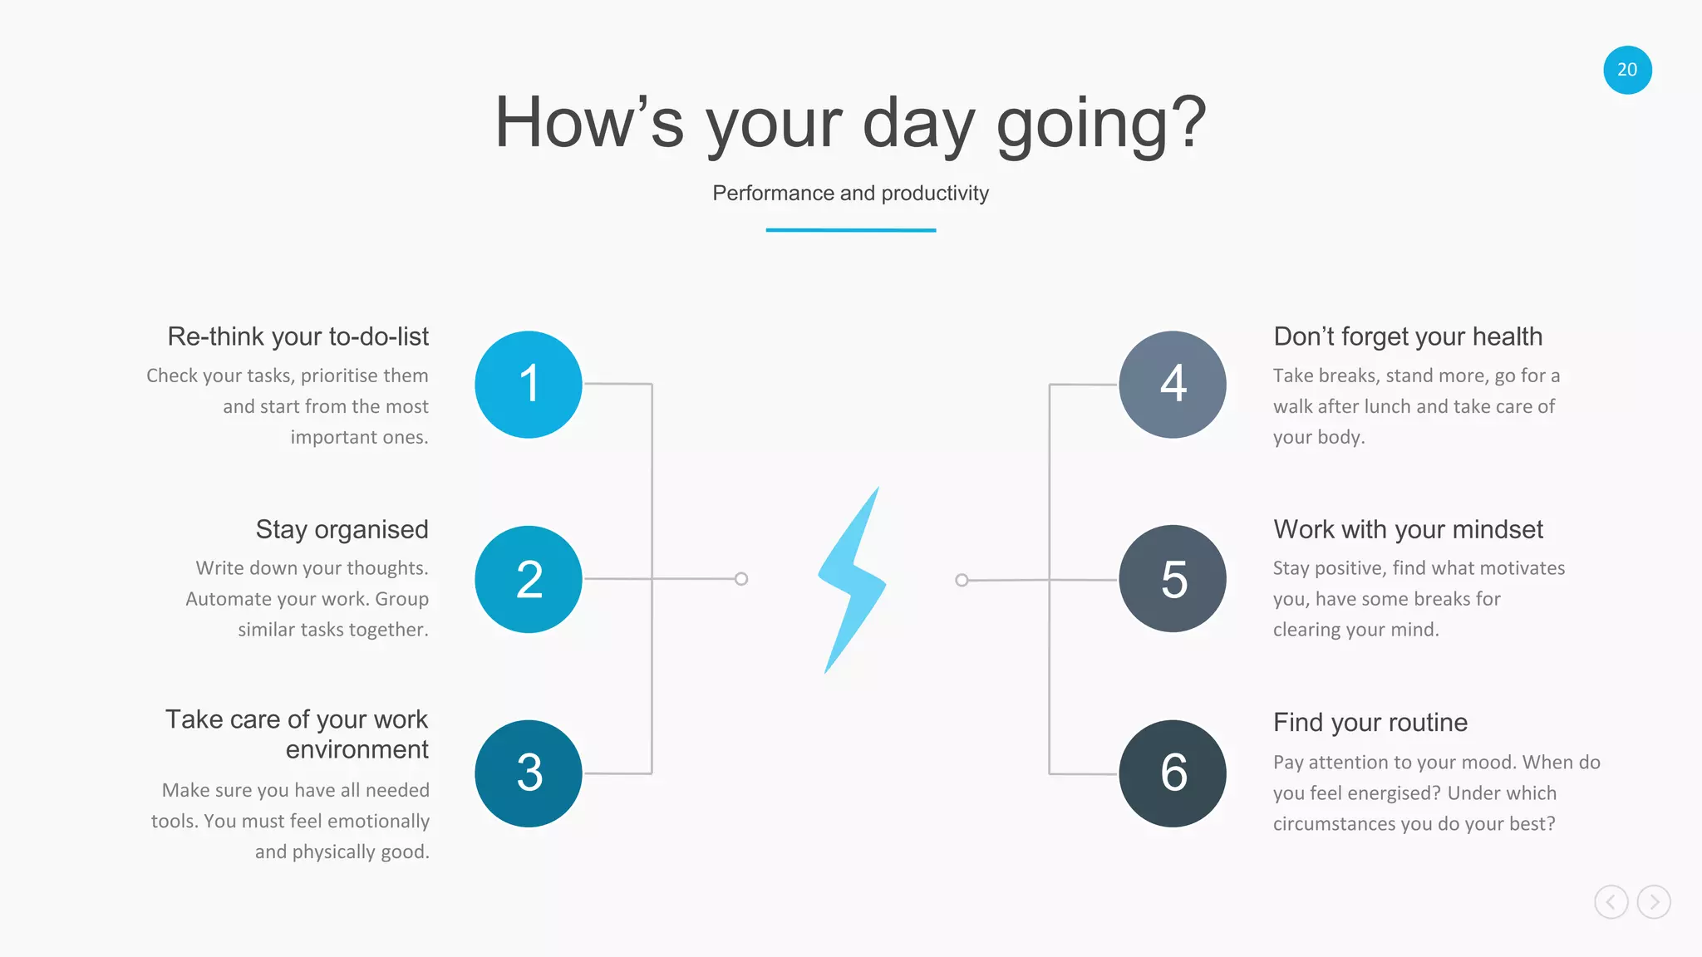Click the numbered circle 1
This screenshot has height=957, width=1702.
529,385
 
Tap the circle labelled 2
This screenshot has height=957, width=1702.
529,579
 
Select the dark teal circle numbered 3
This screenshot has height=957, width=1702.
529,773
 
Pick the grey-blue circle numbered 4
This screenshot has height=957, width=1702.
1173,385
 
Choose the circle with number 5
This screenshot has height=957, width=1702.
1173,579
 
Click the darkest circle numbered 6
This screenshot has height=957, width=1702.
1173,773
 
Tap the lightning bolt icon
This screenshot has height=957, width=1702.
852,579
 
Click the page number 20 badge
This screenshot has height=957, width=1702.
1627,70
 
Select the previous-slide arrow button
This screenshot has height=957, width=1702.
1611,902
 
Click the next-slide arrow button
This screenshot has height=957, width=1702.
1654,902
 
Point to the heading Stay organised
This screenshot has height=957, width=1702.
342,530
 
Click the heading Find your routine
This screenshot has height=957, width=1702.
1370,723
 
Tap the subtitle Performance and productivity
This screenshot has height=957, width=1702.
850,194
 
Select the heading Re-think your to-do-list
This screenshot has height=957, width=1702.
298,336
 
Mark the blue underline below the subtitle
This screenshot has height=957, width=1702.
850,230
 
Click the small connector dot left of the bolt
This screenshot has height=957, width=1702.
741,579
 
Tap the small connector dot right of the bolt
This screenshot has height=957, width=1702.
962,580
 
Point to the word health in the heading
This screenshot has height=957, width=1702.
1507,336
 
